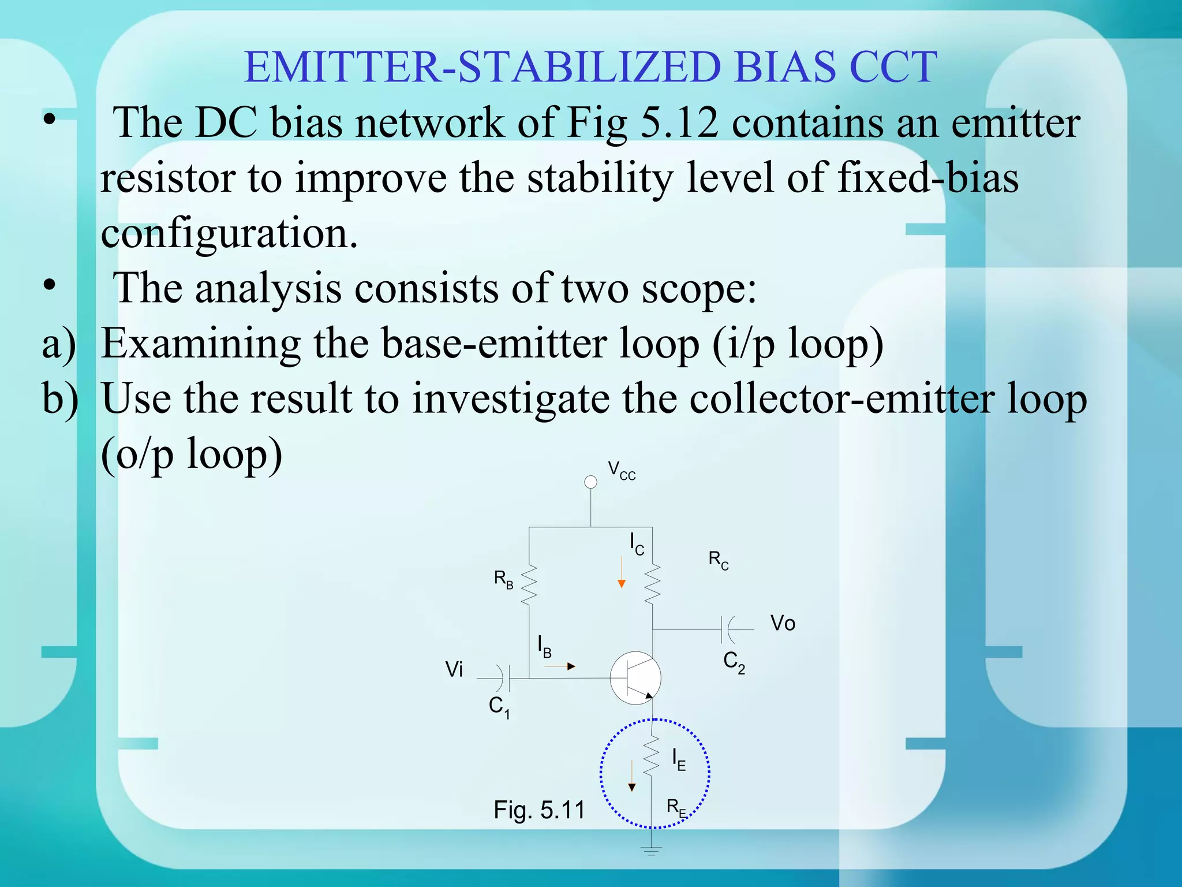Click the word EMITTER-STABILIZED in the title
coord(482,68)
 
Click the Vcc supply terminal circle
coord(590,482)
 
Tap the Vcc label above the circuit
coord(622,471)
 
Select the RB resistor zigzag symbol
coord(529,585)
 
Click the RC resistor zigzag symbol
coord(652,584)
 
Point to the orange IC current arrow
coord(622,573)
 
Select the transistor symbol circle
coord(635,678)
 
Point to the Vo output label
coord(783,624)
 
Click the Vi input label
coord(454,670)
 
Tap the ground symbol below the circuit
coord(652,851)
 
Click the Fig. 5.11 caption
coord(539,810)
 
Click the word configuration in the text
coord(229,233)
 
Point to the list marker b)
coord(60,398)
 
